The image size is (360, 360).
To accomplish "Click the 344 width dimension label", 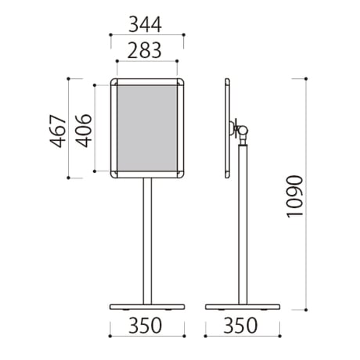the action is pos(145,24).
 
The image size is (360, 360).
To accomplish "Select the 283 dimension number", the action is pos(144,50).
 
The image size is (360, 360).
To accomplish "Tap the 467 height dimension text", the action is pos(58,131).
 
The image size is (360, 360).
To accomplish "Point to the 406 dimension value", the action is pos(84,131).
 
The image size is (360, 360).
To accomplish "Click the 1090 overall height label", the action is pos(295,196).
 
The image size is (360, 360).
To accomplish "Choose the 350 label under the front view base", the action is pos(145,326).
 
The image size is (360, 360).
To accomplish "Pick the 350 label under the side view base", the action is pos(240,326).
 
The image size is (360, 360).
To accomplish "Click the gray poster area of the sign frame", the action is pos(147,128).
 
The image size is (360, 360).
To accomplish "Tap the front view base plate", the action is pos(147,307).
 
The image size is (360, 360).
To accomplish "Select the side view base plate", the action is pos(243,307).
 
